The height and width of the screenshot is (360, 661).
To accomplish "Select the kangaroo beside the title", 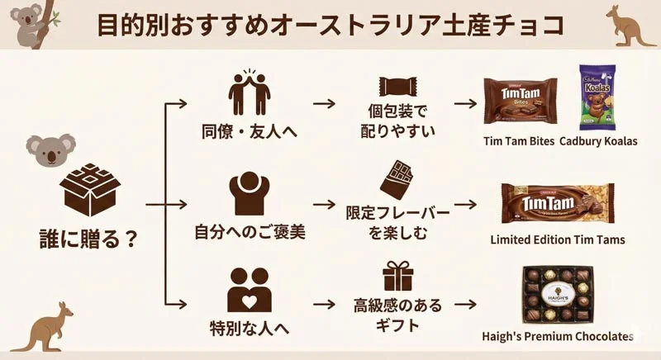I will click(630, 25).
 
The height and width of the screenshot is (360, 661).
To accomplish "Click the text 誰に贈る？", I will click(88, 239).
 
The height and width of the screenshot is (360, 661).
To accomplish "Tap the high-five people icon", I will click(250, 91).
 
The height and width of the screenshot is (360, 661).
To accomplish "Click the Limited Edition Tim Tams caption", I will click(558, 239).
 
